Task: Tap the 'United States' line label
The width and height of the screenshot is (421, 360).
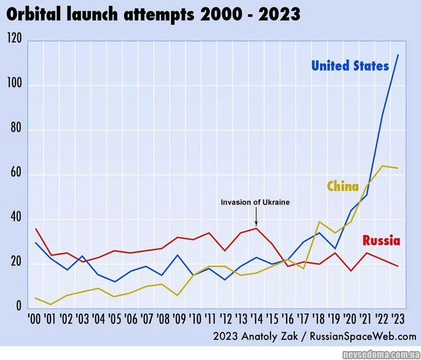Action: pyautogui.click(x=350, y=66)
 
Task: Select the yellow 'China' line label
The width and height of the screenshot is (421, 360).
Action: pyautogui.click(x=342, y=186)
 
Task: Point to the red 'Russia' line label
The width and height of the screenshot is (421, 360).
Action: pyautogui.click(x=381, y=241)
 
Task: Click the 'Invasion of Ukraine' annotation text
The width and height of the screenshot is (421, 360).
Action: pyautogui.click(x=255, y=202)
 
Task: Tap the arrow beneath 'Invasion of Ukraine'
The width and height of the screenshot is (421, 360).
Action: pyautogui.click(x=256, y=217)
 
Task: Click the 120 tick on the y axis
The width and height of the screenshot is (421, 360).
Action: pyautogui.click(x=14, y=40)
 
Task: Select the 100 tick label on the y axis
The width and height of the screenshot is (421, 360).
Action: pyautogui.click(x=14, y=85)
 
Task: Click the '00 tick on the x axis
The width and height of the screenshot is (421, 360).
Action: pyautogui.click(x=35, y=319)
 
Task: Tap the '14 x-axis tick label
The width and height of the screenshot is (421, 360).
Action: pyautogui.click(x=256, y=319)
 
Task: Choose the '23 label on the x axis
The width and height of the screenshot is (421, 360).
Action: pyautogui.click(x=398, y=319)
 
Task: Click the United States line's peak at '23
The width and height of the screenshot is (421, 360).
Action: pyautogui.click(x=398, y=55)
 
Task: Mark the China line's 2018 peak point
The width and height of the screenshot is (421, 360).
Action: pyautogui.click(x=319, y=222)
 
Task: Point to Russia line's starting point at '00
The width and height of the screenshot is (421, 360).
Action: pyautogui.click(x=36, y=229)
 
